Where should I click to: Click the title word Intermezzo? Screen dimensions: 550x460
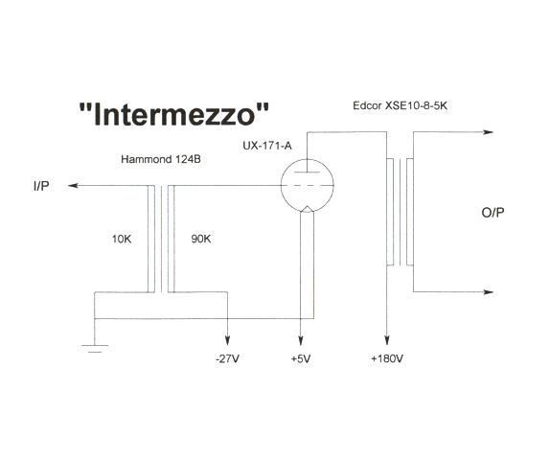point(174,114)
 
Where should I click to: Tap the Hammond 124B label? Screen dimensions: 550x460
point(161,159)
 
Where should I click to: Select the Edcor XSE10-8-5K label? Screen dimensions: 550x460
point(400,105)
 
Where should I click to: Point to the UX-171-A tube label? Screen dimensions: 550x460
point(267,146)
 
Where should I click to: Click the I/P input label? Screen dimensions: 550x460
point(41,186)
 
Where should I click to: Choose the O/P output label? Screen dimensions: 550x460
point(493,213)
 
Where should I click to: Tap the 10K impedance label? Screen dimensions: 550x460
point(122,239)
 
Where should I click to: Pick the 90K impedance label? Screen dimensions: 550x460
point(200,239)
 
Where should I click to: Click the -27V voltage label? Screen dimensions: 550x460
point(228,358)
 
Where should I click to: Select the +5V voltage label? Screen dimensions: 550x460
point(301,358)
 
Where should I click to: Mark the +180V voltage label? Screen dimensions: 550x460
point(387,358)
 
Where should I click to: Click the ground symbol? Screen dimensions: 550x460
point(95,348)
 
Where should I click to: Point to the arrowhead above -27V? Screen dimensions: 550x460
point(228,340)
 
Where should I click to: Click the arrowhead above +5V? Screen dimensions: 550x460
point(301,340)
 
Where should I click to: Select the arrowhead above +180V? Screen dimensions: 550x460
point(387,340)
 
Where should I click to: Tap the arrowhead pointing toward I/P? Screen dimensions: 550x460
point(73,185)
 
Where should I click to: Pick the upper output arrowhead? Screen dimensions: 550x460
point(489,132)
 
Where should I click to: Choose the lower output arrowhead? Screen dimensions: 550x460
point(489,292)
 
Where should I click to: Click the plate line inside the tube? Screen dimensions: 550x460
point(308,172)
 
